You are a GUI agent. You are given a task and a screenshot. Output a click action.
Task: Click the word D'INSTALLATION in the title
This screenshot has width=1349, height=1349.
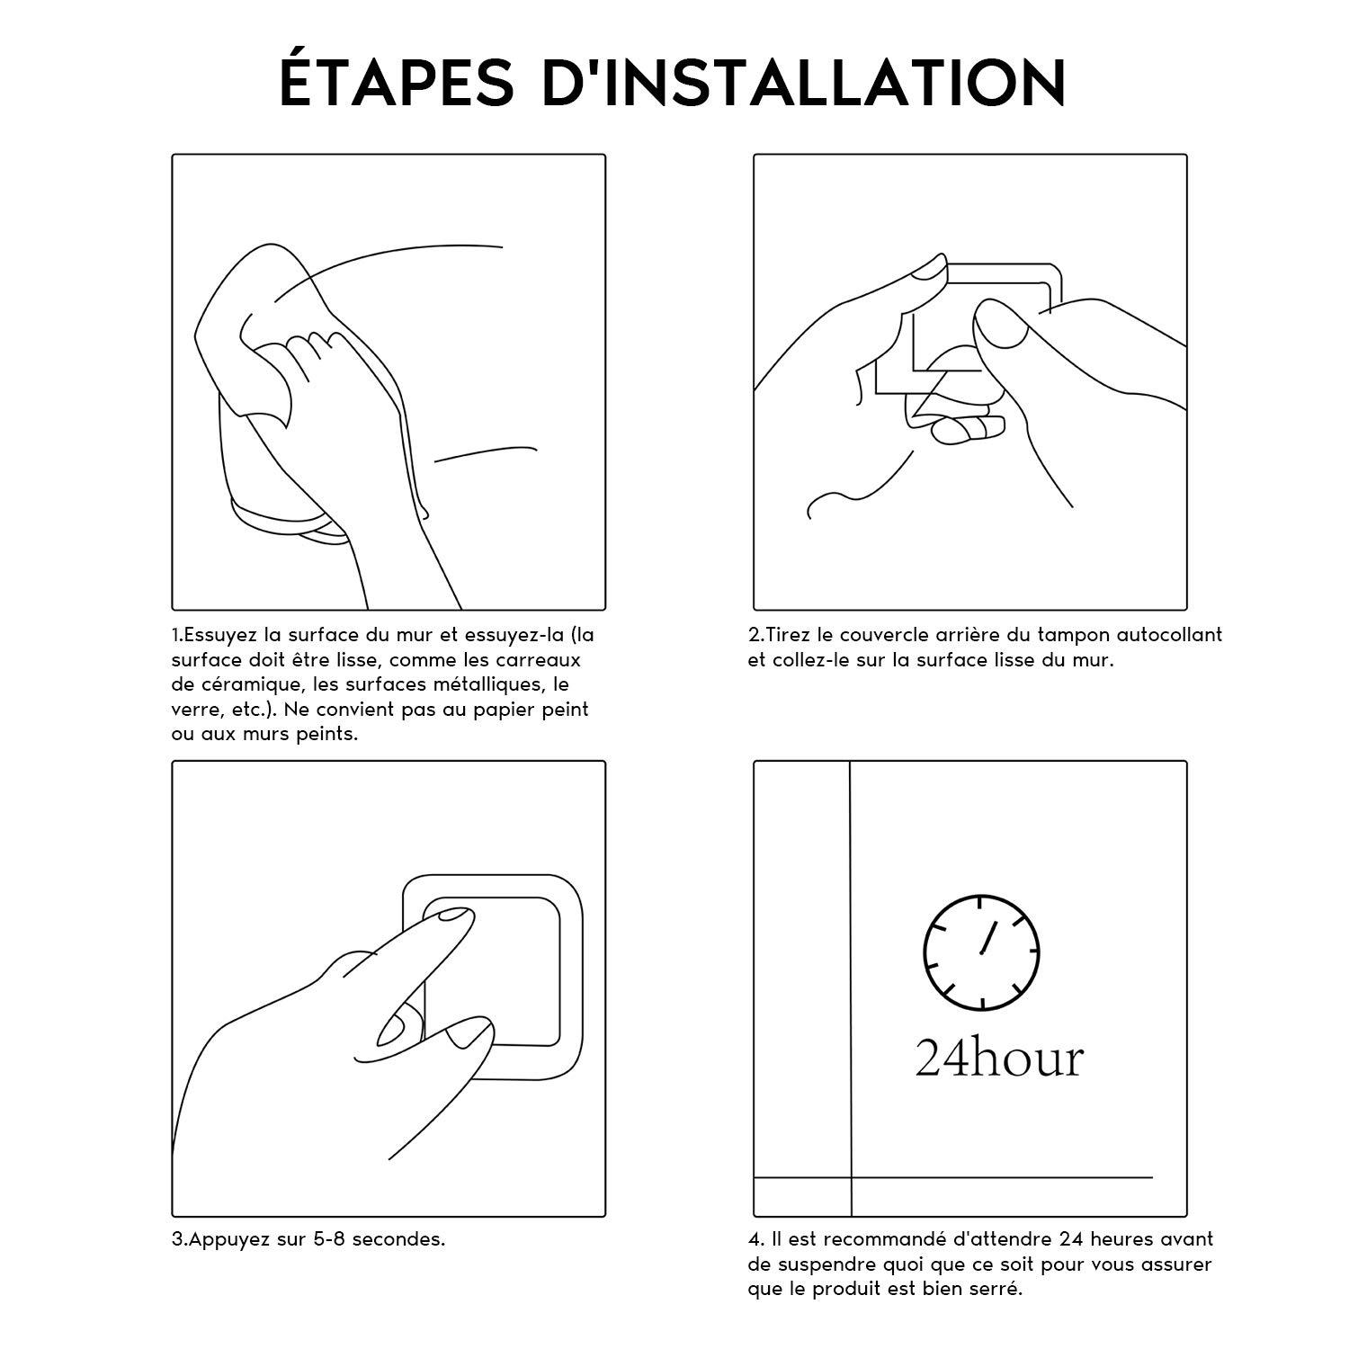point(804,83)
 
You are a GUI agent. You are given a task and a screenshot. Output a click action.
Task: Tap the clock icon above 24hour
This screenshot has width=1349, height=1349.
point(981,951)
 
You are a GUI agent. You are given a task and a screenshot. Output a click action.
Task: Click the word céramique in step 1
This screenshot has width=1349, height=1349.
point(237,684)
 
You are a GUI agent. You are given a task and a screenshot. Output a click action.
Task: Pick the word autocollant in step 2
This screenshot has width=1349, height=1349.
point(1170,635)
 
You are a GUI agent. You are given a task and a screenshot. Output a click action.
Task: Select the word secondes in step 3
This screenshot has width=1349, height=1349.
point(398,1239)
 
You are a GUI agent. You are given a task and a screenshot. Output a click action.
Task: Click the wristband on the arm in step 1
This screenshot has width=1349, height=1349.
point(279,523)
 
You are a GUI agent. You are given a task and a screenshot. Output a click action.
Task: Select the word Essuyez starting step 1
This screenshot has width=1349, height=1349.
point(222,635)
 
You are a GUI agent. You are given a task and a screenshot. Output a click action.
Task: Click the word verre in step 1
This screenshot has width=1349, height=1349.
point(192,710)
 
